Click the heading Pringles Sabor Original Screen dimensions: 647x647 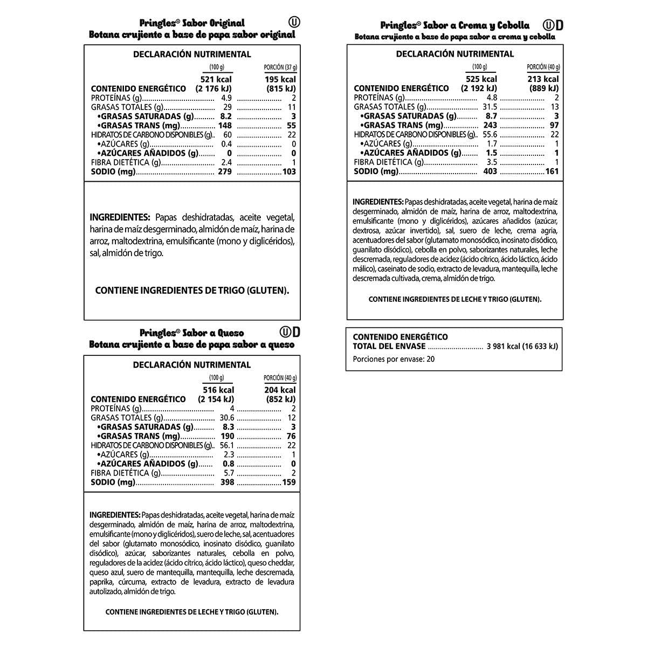point(191,23)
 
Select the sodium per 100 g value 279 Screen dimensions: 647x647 point(224,172)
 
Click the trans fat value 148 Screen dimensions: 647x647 point(225,126)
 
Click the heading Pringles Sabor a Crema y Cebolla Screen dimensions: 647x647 point(455,25)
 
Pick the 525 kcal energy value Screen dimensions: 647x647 point(481,79)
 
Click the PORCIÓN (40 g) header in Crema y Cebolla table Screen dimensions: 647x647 point(543,67)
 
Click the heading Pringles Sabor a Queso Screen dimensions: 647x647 point(191,333)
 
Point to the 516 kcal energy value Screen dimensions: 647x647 point(218,390)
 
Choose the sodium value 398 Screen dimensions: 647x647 point(227,482)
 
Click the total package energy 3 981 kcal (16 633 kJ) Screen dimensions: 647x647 point(522,346)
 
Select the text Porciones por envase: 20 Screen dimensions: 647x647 point(386,359)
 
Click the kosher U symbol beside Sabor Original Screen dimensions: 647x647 point(294,22)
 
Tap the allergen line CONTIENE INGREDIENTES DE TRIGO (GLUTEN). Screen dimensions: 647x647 point(192,290)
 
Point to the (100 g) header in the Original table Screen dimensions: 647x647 point(216,67)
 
